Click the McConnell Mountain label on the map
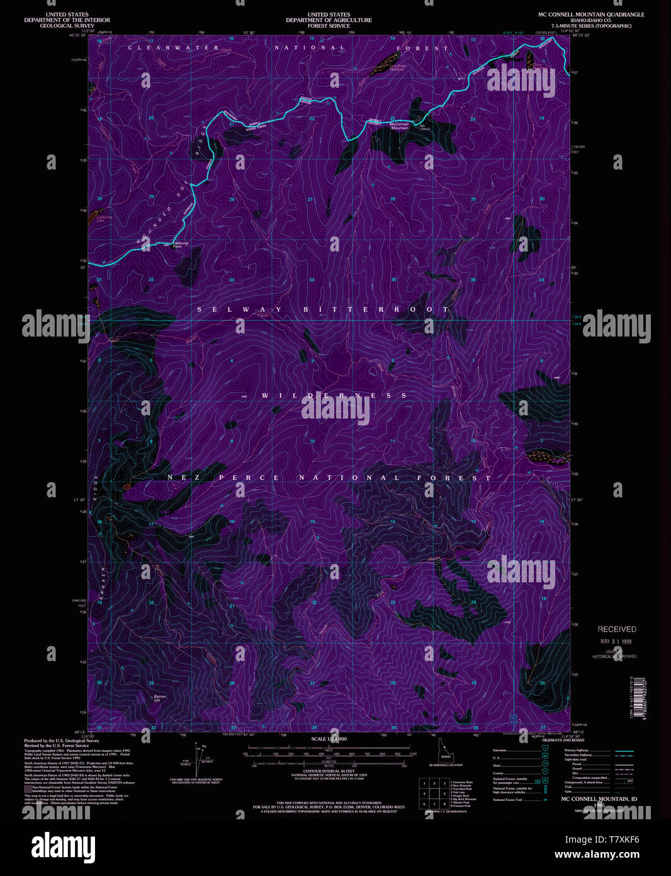(400, 126)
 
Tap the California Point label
(181, 245)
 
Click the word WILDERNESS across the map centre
(335, 396)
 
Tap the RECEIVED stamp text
(617, 629)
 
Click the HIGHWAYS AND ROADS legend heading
(563, 740)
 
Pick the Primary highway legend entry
(580, 751)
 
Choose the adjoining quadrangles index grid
(432, 793)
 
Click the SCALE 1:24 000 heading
(329, 739)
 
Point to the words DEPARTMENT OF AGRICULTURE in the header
(329, 20)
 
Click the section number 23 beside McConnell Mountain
(392, 118)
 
